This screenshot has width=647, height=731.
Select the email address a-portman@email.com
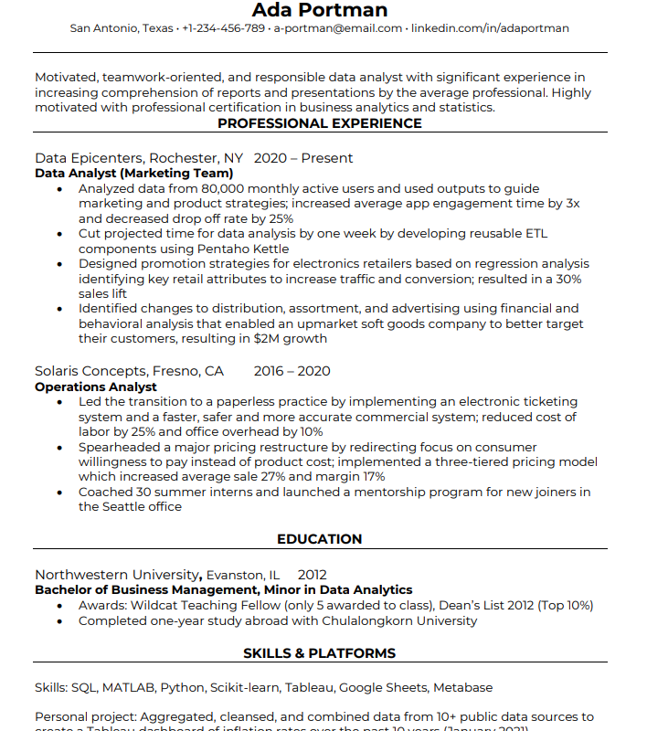pos(338,28)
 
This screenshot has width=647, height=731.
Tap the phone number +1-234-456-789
pos(223,28)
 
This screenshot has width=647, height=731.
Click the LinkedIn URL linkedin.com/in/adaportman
pos(490,28)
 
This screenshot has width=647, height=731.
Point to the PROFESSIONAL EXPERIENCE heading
pos(319,123)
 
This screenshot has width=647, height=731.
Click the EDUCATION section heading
pos(319,539)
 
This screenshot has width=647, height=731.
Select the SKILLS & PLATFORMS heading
pos(319,653)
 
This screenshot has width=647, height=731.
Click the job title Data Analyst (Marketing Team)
pos(133,173)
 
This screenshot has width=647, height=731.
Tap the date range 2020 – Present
pos(302,158)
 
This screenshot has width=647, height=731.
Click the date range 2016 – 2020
pos(292,371)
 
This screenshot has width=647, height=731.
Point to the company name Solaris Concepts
pos(90,371)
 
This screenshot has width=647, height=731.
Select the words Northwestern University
pos(117,575)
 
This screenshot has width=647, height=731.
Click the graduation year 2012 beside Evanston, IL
pos(312,575)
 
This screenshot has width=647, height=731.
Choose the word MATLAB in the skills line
pos(128,687)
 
